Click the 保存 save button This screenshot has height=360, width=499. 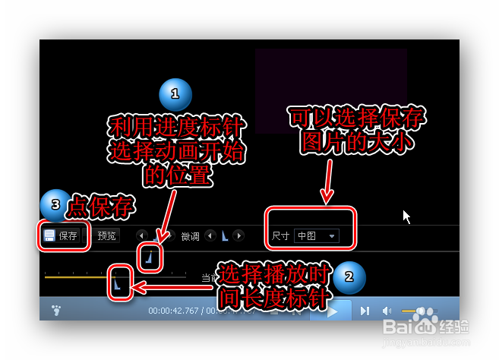point(62,235)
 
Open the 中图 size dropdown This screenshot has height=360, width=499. point(317,236)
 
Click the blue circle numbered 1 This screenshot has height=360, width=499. point(175,95)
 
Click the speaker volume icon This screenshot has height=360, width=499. point(387,310)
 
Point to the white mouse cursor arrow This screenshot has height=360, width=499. point(406,216)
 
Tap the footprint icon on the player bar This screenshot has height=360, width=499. point(55,310)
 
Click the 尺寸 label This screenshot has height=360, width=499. point(280,236)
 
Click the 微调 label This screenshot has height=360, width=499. point(190,236)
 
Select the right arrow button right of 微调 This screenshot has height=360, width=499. point(238,236)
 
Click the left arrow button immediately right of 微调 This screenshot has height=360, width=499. point(210,236)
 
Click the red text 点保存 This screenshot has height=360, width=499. point(100,207)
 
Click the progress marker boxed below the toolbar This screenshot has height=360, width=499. point(150,259)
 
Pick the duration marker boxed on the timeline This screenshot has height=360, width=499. point(118,283)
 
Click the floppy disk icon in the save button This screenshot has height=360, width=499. point(49,235)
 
